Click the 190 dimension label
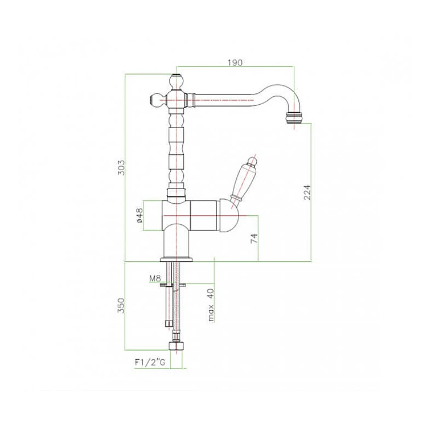coord(235,63)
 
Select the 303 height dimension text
coord(121,167)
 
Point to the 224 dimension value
coord(307,192)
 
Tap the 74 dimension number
coord(254,239)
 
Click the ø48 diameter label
coord(139,216)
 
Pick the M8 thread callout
coord(155,278)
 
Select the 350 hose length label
coord(121,305)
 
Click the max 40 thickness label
coord(211,305)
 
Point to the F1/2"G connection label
coord(150,363)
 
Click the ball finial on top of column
coord(176,81)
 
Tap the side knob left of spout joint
coord(157,100)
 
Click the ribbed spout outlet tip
coord(295,118)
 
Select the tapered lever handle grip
coord(243,181)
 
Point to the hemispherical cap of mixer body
coord(228,216)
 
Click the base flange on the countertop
coord(176,259)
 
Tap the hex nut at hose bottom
coord(176,346)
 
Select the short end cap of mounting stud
coord(169,323)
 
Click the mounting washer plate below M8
coord(173,285)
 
